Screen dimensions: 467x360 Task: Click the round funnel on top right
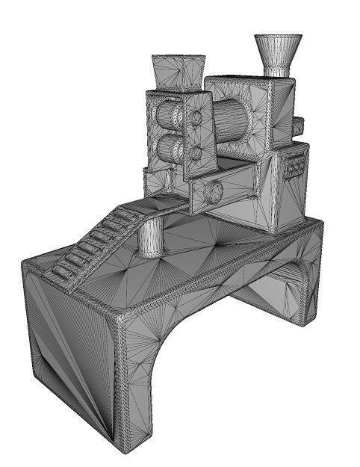tap(278, 49)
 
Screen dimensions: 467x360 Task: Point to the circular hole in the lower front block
tap(212, 191)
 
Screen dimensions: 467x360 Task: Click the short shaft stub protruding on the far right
tap(298, 126)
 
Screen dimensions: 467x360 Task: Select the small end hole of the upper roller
tap(196, 117)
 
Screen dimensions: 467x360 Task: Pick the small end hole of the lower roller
tap(196, 153)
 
